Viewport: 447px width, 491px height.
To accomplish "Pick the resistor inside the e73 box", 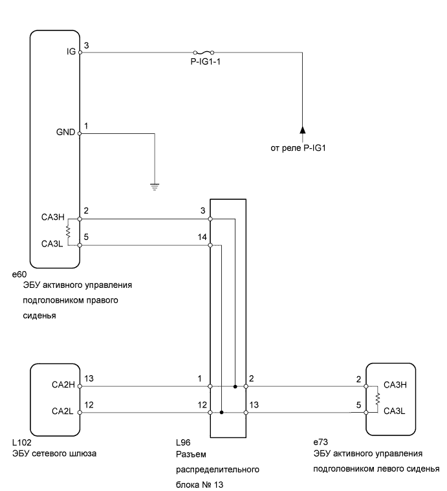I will tap(376, 398).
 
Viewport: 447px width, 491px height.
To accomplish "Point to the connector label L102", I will tap(21, 442).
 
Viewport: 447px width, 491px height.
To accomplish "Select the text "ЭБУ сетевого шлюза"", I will tap(55, 453).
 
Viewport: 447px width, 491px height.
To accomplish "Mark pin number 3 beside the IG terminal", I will tap(87, 45).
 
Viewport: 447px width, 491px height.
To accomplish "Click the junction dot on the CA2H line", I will tap(234, 387).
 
